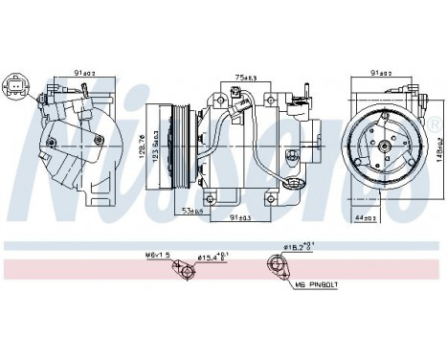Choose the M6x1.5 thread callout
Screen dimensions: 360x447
click(158, 256)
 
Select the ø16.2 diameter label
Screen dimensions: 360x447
click(295, 246)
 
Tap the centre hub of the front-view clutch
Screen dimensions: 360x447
click(385, 146)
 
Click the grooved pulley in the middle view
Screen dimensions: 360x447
click(178, 144)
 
